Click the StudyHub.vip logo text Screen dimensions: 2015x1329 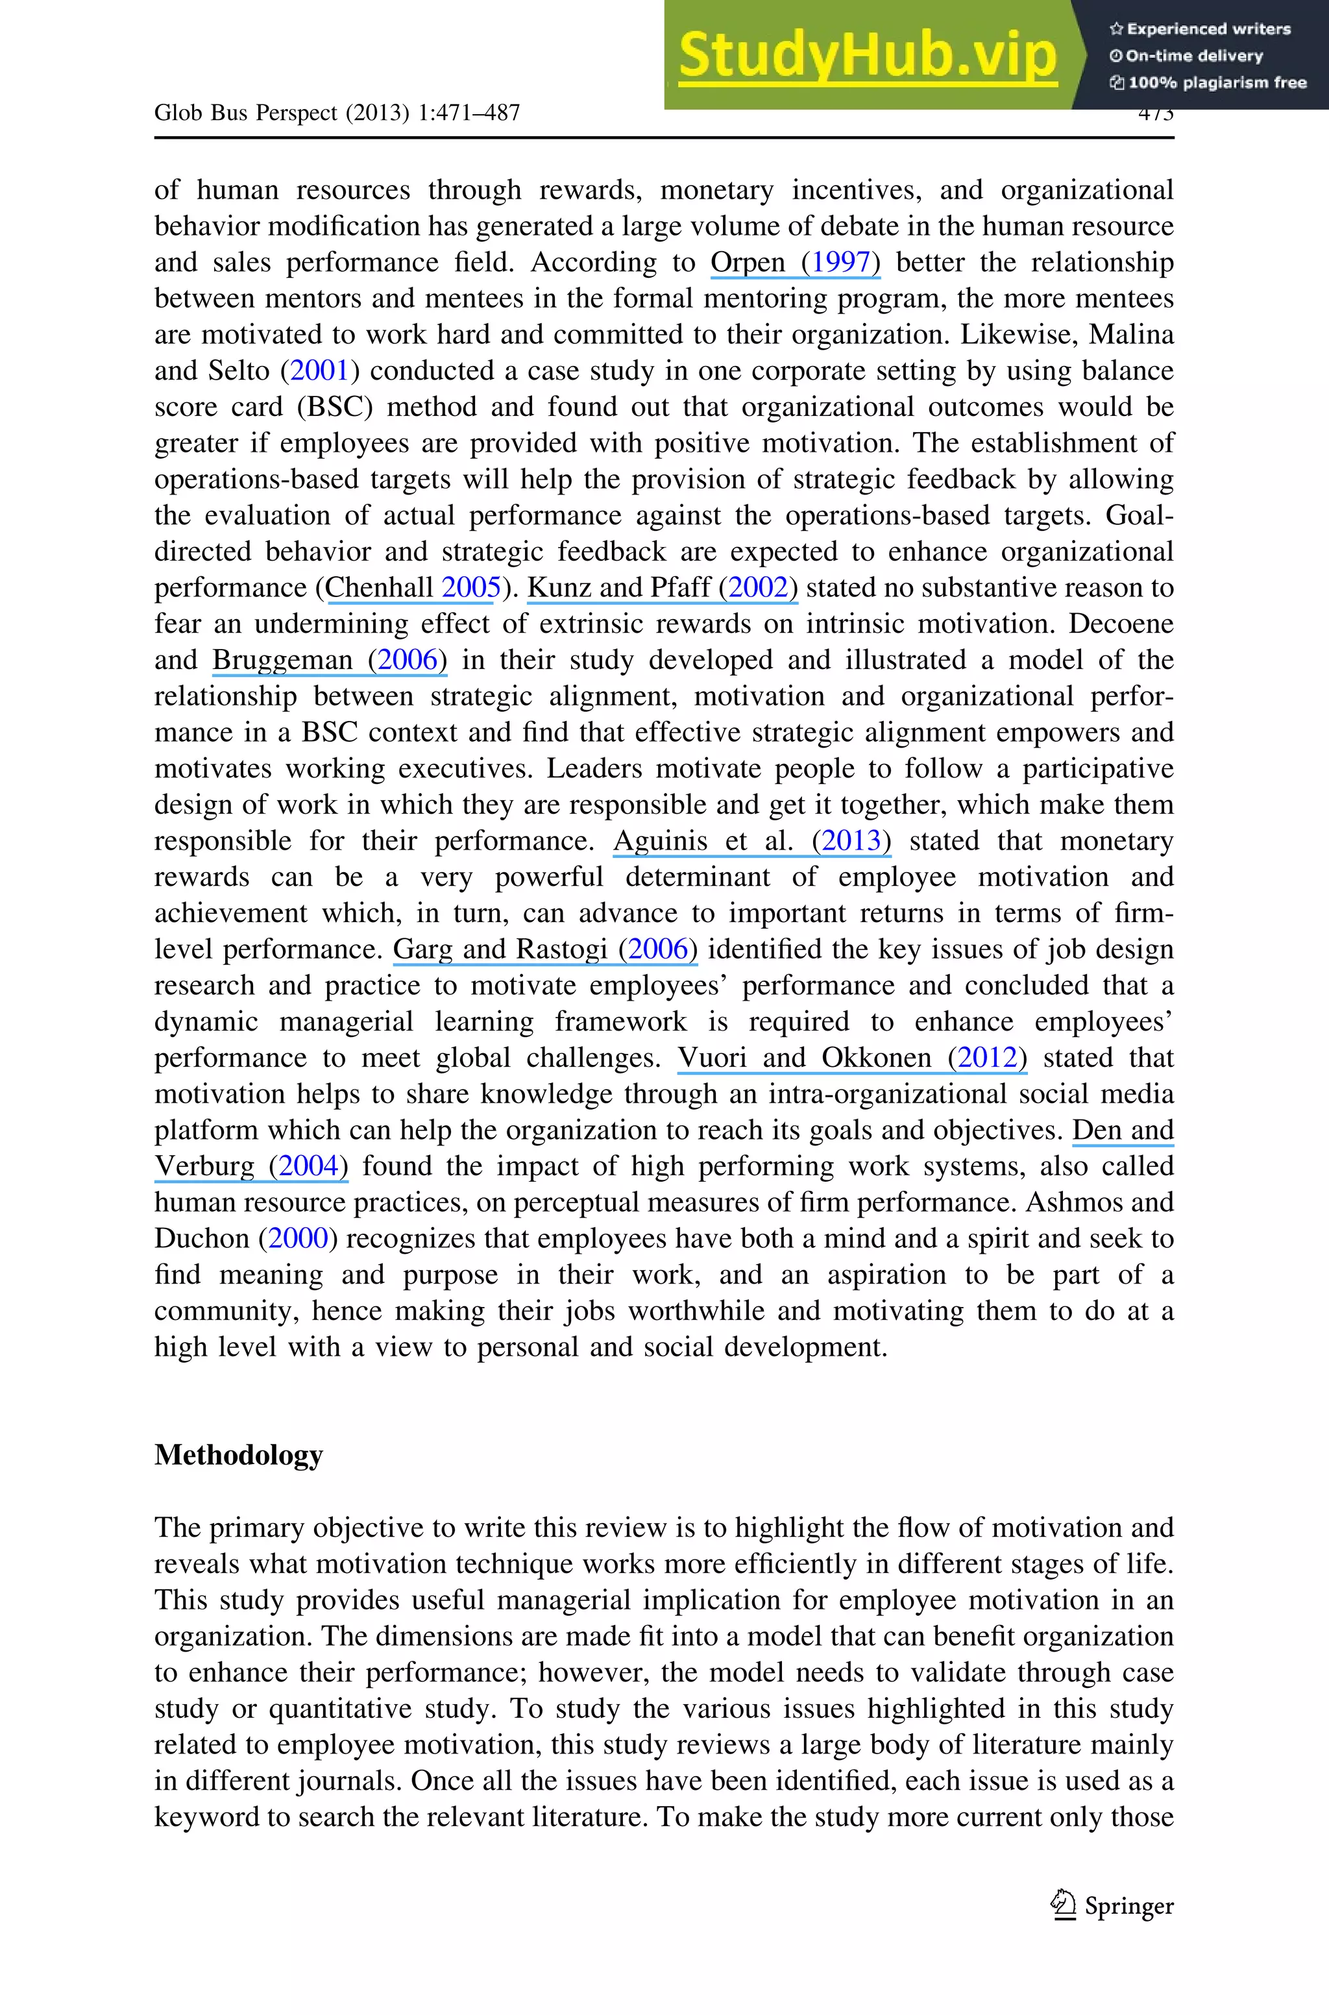point(867,56)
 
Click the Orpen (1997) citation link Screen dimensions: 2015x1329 point(795,263)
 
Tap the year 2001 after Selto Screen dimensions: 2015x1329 point(319,371)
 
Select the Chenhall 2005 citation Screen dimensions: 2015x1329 point(412,588)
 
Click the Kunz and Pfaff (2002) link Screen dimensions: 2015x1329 point(662,588)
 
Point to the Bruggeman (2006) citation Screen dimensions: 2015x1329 point(329,660)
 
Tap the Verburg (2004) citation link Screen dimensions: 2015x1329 point(251,1166)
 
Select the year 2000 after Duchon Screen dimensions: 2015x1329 point(297,1239)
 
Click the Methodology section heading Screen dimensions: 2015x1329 point(238,1455)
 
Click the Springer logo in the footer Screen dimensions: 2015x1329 point(1111,1906)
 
